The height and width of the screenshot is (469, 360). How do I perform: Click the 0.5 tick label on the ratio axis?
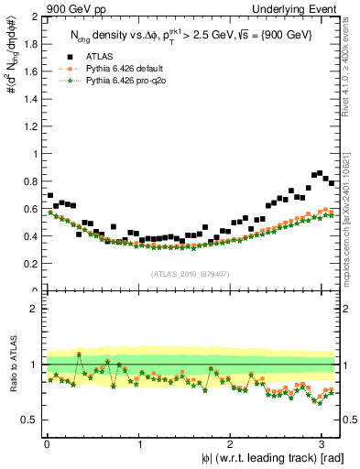[x=30, y=420]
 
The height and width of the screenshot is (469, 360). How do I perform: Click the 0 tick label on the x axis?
[x=47, y=442]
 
